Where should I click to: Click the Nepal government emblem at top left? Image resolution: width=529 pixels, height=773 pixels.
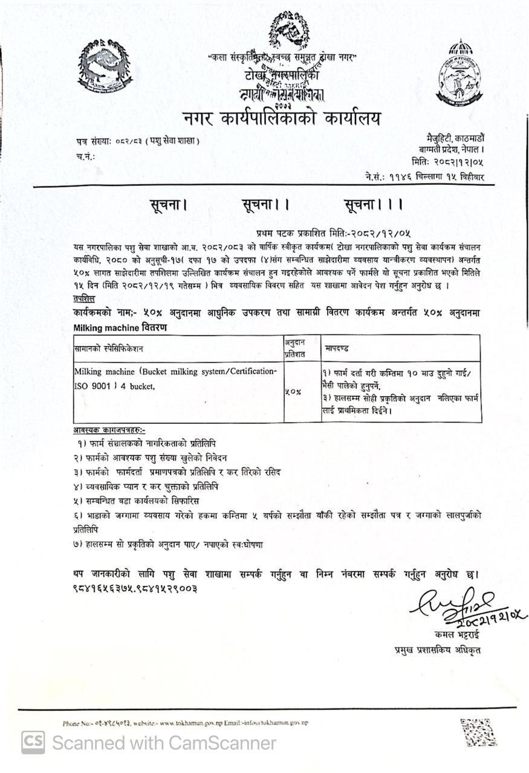click(x=104, y=68)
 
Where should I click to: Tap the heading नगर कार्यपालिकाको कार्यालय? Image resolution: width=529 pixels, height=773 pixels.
click(x=283, y=118)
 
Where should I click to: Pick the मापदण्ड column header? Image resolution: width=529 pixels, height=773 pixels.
click(x=336, y=348)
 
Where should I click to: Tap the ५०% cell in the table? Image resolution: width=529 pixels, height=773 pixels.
click(x=294, y=391)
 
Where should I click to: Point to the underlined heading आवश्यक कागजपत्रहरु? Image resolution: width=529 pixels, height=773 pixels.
click(x=108, y=430)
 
